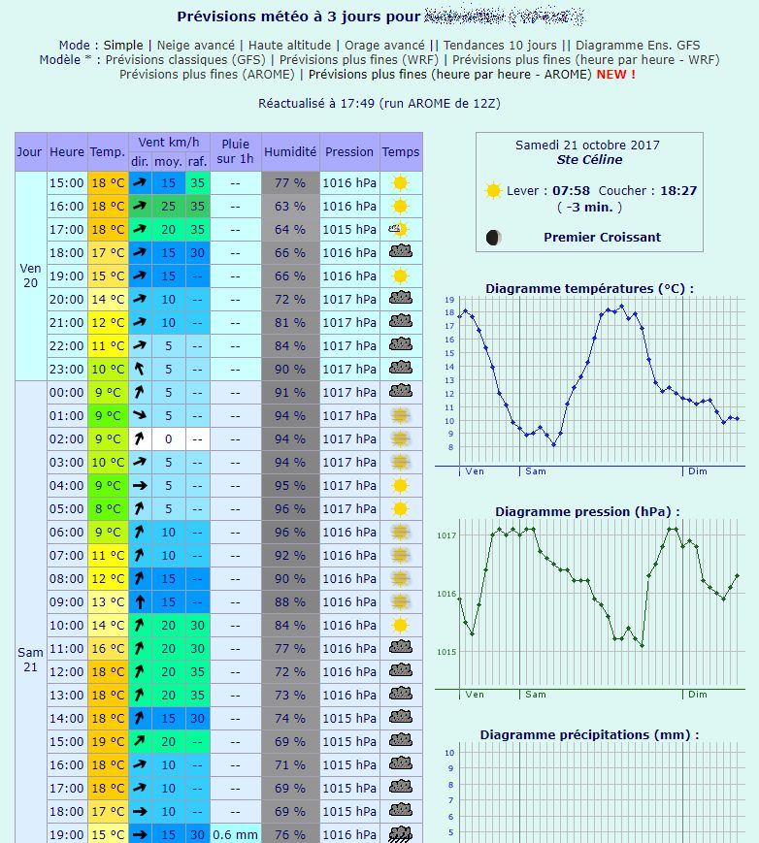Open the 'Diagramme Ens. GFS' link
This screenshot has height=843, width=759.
pyautogui.click(x=638, y=45)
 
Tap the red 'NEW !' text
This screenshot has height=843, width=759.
pyautogui.click(x=616, y=74)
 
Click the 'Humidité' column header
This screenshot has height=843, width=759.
pyautogui.click(x=290, y=151)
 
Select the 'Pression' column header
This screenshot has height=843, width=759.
pyautogui.click(x=349, y=151)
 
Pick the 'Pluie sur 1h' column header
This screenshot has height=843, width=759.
pyautogui.click(x=236, y=151)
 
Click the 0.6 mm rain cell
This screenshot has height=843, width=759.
pyautogui.click(x=236, y=834)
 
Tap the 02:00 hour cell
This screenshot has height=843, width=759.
pyautogui.click(x=67, y=438)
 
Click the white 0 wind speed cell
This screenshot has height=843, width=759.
pyautogui.click(x=168, y=438)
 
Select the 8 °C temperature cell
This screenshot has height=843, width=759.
pyautogui.click(x=107, y=508)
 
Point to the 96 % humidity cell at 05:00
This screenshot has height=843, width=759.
pyautogui.click(x=290, y=508)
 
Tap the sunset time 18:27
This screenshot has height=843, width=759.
pyautogui.click(x=678, y=191)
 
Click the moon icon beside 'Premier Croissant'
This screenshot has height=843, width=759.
pyautogui.click(x=494, y=238)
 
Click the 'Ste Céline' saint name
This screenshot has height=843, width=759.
pyautogui.click(x=589, y=160)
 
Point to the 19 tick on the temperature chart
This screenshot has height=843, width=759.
pyautogui.click(x=449, y=301)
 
